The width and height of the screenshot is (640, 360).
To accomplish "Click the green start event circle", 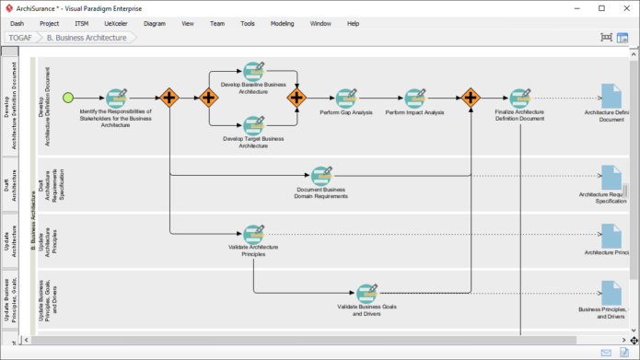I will [67, 97].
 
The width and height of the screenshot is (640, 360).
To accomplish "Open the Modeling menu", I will [282, 23].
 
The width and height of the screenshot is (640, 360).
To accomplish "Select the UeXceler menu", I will [115, 23].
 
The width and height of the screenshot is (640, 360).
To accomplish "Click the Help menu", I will [353, 23].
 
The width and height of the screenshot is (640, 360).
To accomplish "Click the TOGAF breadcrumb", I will [21, 38].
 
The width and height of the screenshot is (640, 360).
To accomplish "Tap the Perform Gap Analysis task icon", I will [345, 97].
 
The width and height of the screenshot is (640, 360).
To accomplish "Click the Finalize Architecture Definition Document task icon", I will [519, 97].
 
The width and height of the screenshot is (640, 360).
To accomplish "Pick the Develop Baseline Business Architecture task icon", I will [253, 72].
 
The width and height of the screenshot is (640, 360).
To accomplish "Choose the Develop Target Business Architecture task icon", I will [253, 123].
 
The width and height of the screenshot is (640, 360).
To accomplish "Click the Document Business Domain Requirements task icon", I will [320, 175].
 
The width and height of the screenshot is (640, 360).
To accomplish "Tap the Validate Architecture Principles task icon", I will [253, 233].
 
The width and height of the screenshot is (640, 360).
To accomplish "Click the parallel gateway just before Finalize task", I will [471, 97].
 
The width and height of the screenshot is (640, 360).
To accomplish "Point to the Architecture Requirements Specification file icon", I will [611, 176].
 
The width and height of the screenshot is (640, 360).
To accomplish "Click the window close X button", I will [627, 8].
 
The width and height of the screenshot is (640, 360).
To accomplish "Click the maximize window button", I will [601, 8].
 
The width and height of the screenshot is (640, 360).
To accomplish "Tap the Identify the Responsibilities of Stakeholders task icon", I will [116, 98].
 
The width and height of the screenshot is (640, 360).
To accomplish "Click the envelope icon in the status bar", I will [606, 353].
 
